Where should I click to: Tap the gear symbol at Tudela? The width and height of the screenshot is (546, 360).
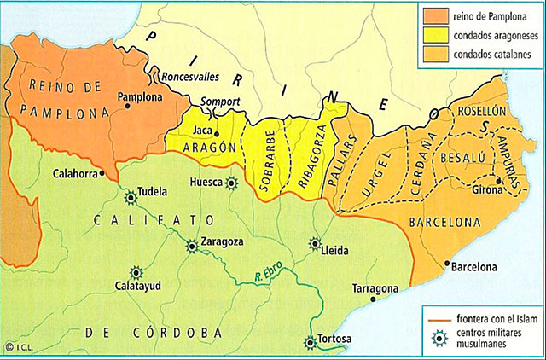[131, 197]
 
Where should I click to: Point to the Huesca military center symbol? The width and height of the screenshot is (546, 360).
[232, 182]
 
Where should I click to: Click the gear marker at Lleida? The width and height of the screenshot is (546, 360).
[315, 242]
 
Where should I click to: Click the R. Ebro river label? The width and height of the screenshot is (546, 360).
[270, 276]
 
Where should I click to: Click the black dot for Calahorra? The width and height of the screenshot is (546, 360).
[102, 172]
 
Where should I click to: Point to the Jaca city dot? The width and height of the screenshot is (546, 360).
[218, 134]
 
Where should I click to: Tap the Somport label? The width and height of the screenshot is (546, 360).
[221, 102]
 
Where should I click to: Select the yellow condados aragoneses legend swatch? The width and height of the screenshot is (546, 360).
[435, 37]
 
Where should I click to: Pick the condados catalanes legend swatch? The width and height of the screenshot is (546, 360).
[435, 56]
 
